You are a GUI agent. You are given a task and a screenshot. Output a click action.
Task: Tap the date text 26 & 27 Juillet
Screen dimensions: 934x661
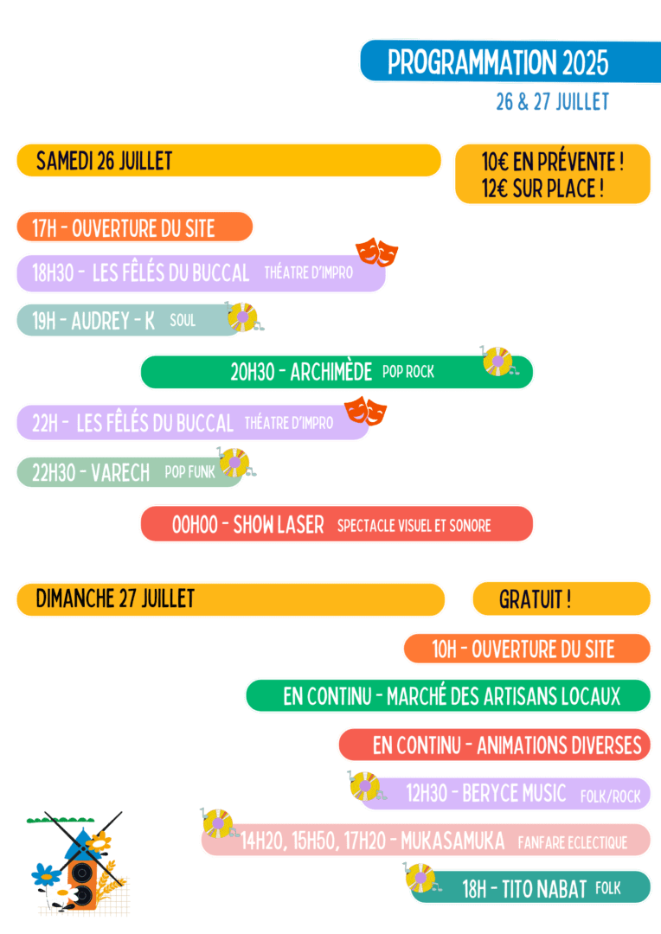(552, 101)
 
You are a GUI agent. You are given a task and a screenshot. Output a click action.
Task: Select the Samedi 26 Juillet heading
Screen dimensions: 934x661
(105, 161)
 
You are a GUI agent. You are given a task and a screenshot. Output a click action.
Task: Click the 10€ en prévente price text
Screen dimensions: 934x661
(553, 161)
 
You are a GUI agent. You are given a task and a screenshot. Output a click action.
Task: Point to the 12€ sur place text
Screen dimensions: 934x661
(542, 189)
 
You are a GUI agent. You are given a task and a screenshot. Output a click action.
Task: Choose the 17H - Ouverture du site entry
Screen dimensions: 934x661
(124, 228)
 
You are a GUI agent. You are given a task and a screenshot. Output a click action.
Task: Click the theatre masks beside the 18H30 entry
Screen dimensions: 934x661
(377, 252)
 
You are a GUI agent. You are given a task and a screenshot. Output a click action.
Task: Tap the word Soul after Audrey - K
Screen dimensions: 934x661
(183, 321)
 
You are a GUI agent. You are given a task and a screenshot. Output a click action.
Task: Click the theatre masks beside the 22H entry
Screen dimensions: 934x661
(366, 411)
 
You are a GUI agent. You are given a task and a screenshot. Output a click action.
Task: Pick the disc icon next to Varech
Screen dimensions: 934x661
(234, 463)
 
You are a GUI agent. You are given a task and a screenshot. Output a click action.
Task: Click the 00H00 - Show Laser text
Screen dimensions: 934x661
(248, 524)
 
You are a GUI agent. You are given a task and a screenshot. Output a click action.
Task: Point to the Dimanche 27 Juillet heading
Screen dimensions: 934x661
(116, 598)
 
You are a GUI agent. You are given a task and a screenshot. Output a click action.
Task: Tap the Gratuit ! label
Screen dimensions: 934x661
(535, 599)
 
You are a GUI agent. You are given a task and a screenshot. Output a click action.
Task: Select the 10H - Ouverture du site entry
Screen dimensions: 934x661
(523, 649)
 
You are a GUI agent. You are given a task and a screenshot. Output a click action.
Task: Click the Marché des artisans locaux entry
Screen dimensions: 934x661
(452, 696)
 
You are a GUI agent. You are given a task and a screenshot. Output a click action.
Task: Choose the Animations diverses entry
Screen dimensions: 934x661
(507, 745)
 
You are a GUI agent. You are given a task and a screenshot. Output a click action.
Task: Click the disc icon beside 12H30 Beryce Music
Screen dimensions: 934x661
(365, 785)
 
